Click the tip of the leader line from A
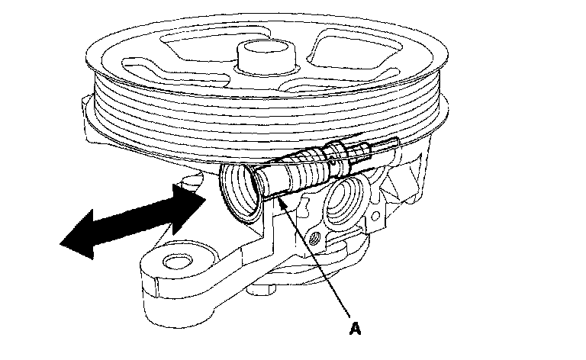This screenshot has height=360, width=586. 280,197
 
